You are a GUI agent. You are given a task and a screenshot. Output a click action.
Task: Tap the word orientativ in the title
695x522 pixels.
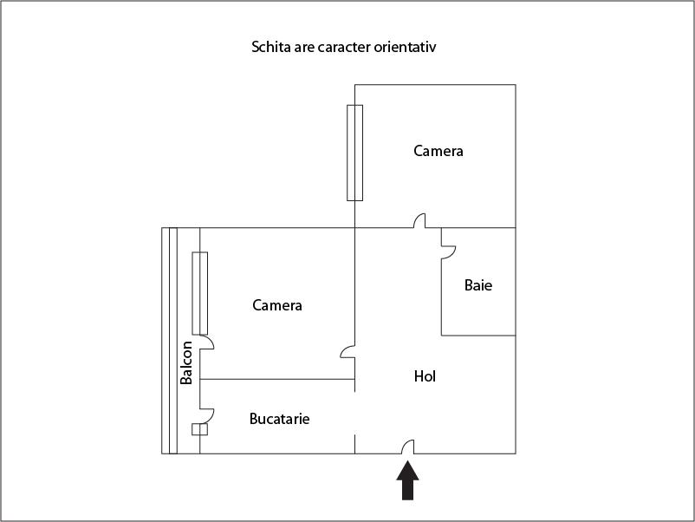407,47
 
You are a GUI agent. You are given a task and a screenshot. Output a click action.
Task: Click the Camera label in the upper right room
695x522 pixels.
438,152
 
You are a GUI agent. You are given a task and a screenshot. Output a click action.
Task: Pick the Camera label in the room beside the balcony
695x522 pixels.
277,305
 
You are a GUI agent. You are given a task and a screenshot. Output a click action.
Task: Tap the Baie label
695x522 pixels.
478,284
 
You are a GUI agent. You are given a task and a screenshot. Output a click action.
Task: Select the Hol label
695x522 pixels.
425,376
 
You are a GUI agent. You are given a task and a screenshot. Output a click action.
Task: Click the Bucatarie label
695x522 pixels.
279,419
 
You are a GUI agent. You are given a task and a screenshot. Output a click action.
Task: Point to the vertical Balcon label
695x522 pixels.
186,362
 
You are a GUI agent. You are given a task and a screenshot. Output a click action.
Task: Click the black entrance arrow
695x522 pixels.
408,481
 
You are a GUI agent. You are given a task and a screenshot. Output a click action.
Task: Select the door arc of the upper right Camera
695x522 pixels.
419,221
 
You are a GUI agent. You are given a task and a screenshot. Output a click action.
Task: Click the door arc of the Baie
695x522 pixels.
449,251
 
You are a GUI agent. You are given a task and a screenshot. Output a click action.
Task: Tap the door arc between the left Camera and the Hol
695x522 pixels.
347,352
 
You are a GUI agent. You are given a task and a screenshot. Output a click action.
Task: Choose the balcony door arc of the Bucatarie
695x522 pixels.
207,414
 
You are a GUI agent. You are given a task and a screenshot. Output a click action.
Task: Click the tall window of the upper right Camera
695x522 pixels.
354,153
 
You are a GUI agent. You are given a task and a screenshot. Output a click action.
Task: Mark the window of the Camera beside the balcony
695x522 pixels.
200,293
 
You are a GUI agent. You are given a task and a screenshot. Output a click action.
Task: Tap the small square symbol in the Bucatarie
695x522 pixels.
200,429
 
